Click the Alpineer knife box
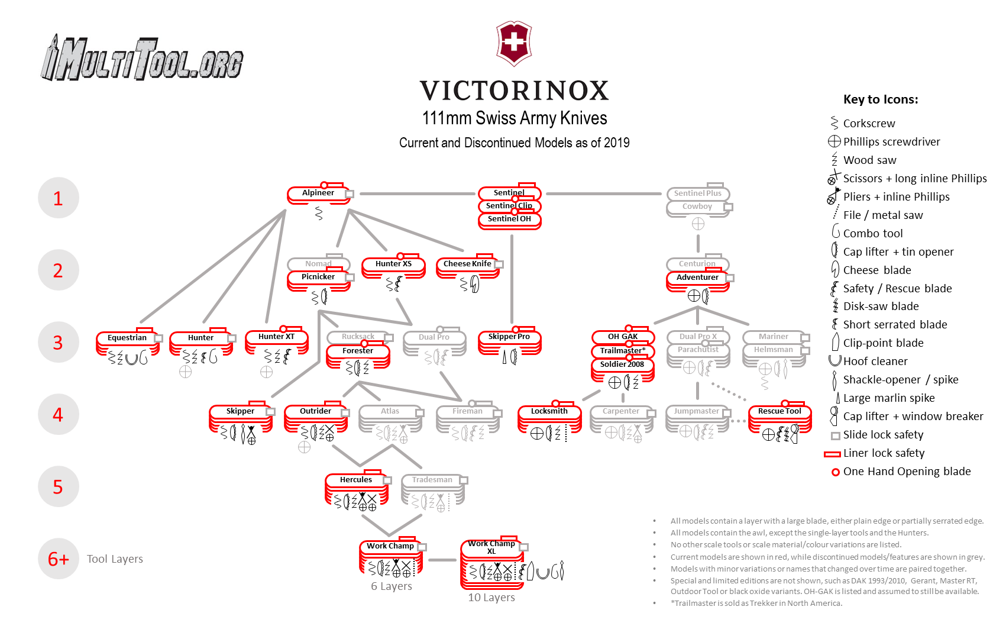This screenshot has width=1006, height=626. [318, 193]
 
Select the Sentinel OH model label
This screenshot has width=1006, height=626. [509, 219]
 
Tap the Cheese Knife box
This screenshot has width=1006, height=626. [467, 264]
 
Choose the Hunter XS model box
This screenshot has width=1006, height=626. [393, 264]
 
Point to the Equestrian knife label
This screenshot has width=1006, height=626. [127, 338]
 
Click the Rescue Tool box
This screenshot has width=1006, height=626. [779, 411]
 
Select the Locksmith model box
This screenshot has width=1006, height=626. [549, 411]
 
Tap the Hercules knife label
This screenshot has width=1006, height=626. [356, 480]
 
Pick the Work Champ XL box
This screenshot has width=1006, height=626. [491, 548]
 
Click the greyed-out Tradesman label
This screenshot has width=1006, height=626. [432, 480]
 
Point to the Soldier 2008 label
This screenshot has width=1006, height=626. [622, 364]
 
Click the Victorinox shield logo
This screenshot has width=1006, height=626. [514, 43]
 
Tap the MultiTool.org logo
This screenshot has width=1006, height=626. [142, 58]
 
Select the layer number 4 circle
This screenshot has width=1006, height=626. [58, 415]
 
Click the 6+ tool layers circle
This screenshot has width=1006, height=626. [58, 559]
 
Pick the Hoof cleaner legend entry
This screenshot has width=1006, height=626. [875, 362]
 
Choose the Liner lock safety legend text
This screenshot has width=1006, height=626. [884, 453]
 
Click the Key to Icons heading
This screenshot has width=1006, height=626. [881, 99]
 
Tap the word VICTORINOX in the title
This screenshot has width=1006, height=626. [514, 91]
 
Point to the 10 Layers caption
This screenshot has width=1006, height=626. [491, 598]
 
